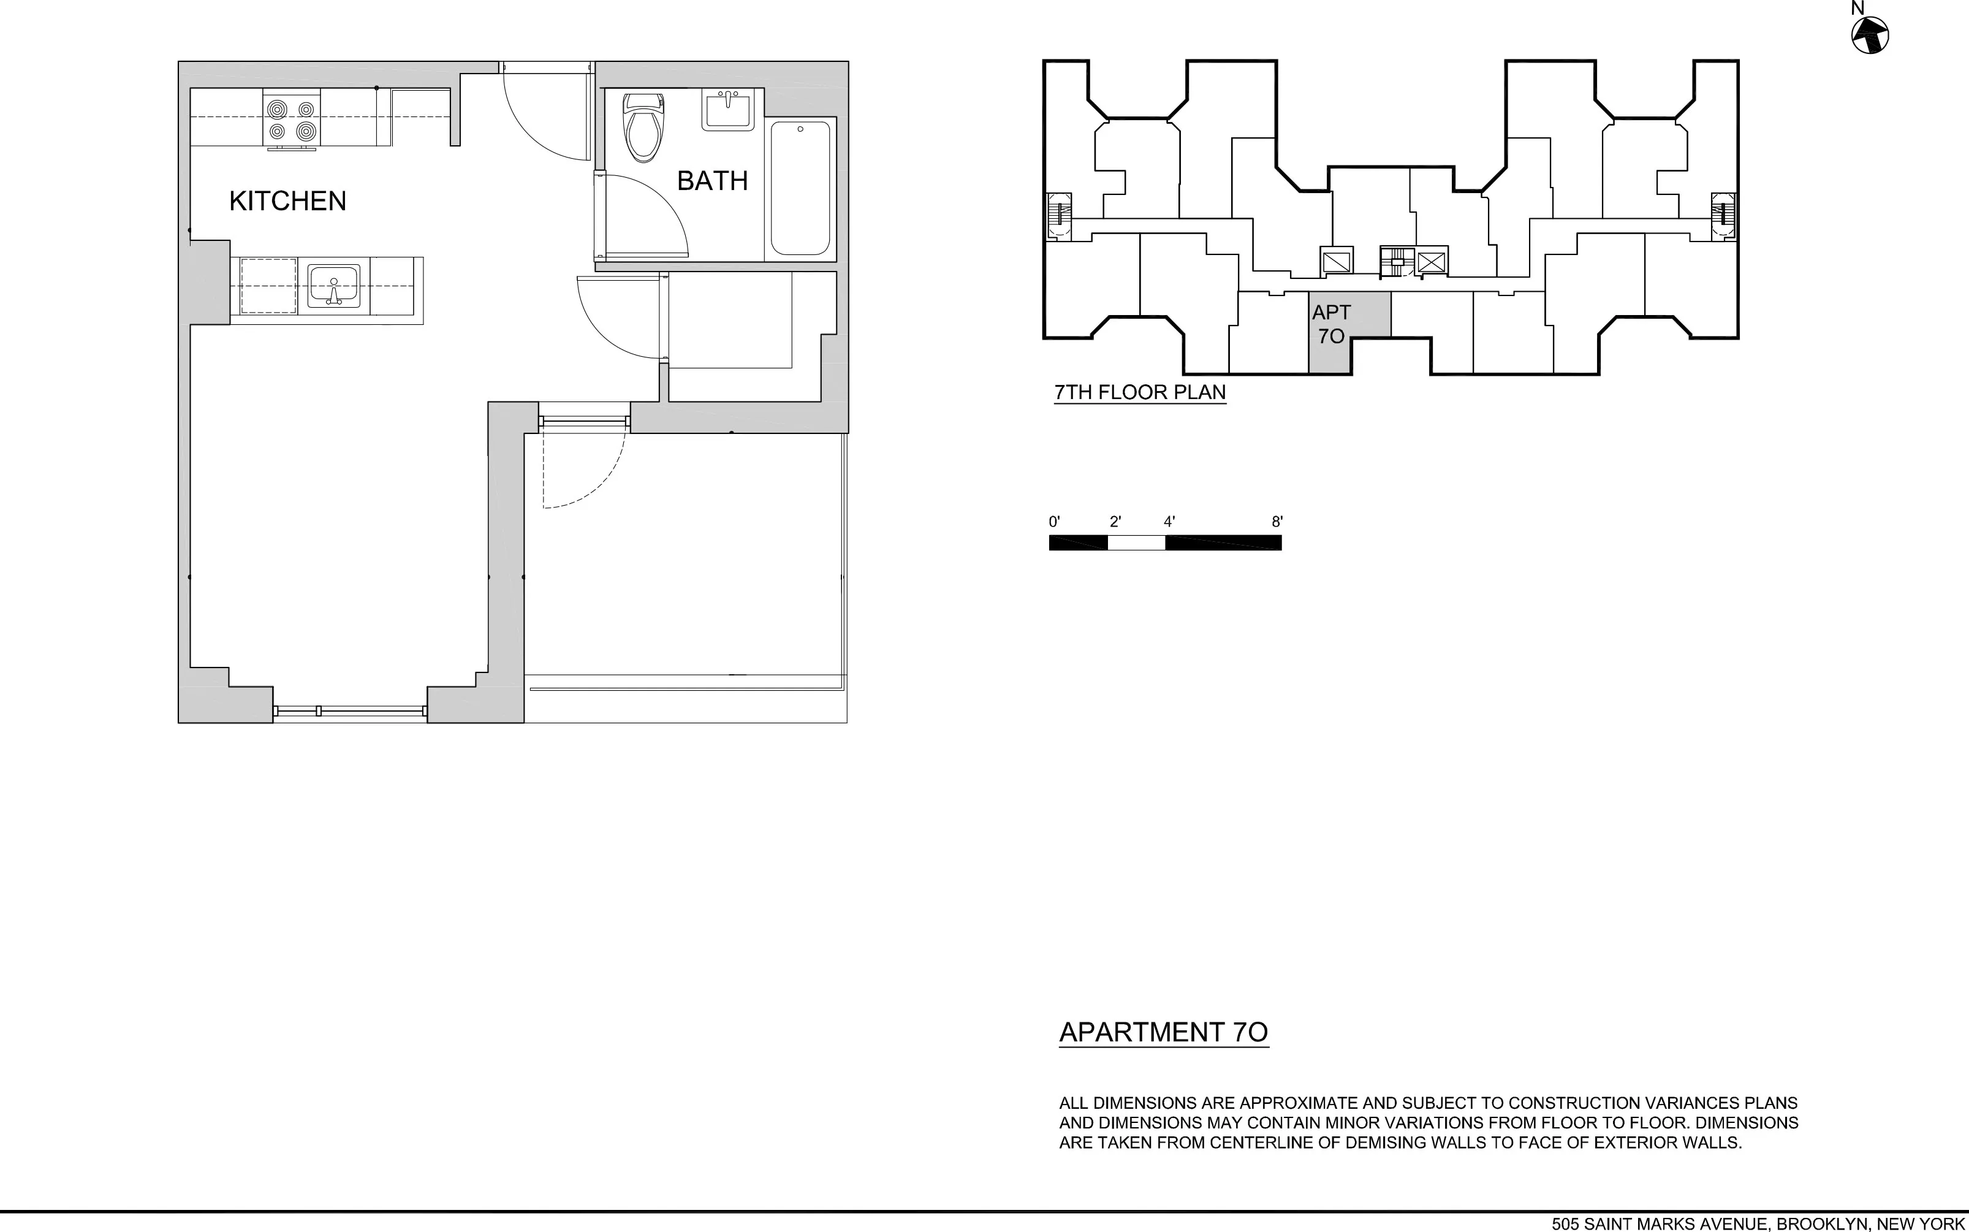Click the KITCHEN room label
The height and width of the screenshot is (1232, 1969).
point(287,201)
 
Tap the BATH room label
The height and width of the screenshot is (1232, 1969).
point(712,181)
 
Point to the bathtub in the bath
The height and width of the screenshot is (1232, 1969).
point(800,188)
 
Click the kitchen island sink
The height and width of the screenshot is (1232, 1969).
point(333,286)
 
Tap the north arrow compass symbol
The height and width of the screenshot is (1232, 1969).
point(1870,36)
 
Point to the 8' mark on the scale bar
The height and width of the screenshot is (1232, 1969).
point(1277,522)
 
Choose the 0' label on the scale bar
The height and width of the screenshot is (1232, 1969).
point(1054,522)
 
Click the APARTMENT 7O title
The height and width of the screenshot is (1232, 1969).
point(1163,1032)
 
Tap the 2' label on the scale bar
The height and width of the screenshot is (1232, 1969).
point(1115,522)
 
